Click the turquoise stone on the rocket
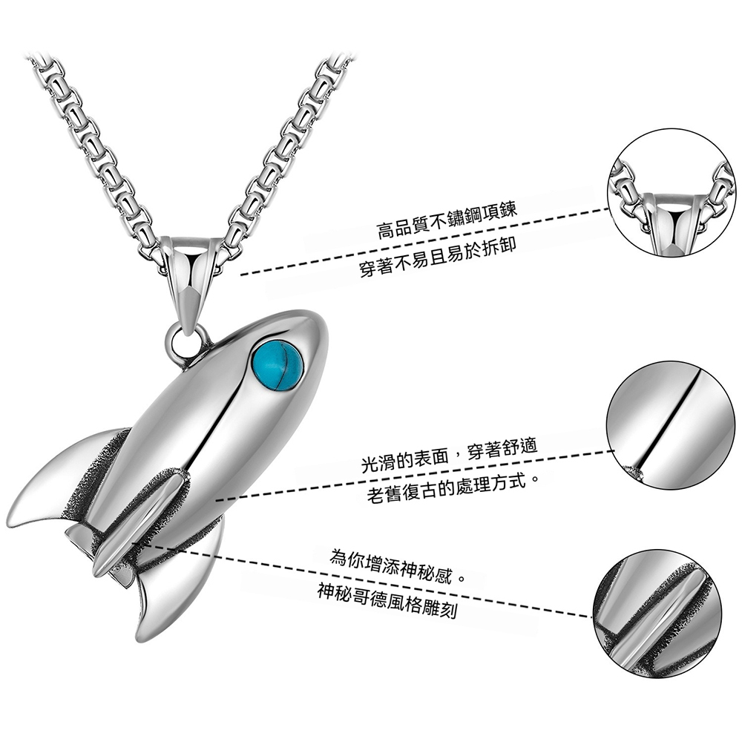click(x=278, y=362)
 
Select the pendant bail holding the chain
click(x=187, y=275)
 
